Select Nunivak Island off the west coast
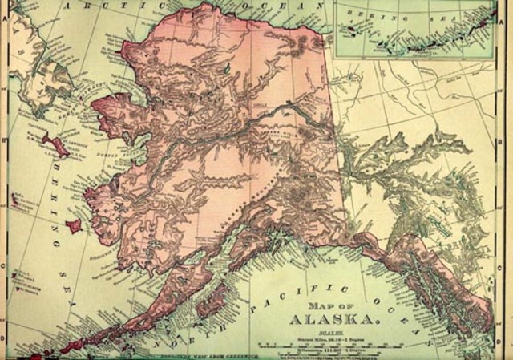(74, 227)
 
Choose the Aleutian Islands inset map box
(414, 29)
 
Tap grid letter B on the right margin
(507, 144)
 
